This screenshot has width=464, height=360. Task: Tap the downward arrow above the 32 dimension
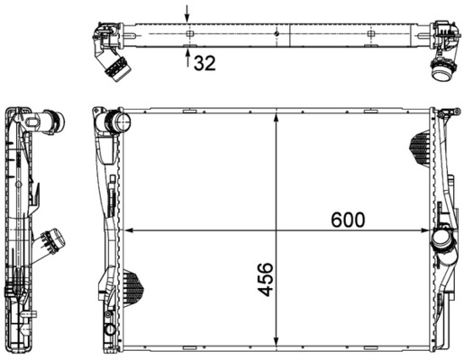pyautogui.click(x=187, y=13)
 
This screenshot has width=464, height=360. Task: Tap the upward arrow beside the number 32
pyautogui.click(x=187, y=59)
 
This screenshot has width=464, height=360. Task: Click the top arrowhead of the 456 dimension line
pyautogui.click(x=277, y=118)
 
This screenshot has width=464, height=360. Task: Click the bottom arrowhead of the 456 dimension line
pyautogui.click(x=277, y=345)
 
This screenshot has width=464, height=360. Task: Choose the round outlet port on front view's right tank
pyautogui.click(x=442, y=241)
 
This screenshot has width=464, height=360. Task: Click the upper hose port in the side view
pyautogui.click(x=52, y=120)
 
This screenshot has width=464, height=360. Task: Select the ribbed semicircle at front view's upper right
pyautogui.click(x=422, y=145)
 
